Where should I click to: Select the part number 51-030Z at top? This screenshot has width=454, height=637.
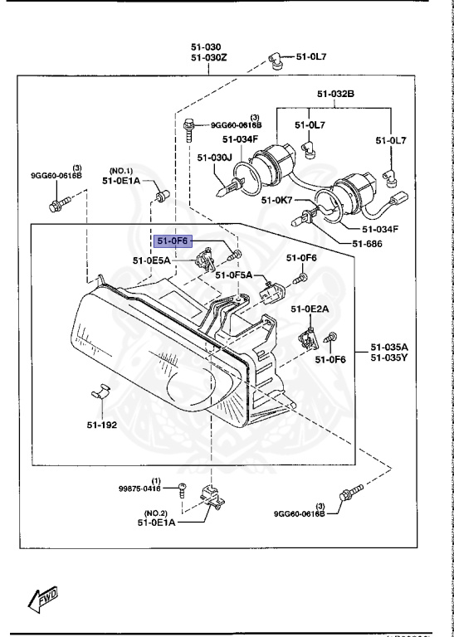(208, 58)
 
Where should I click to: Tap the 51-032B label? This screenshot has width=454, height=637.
(334, 95)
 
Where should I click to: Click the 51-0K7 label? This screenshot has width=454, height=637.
(278, 200)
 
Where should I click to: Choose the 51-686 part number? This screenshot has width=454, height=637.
(368, 243)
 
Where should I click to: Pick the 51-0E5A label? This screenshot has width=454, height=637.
(151, 260)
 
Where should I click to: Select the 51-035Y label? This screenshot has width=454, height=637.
(388, 358)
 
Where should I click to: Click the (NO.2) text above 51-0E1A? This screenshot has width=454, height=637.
(158, 513)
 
